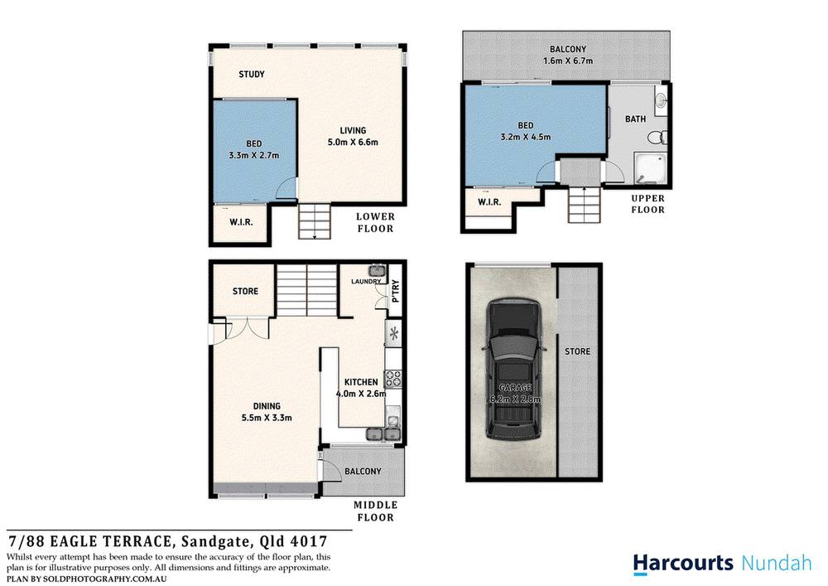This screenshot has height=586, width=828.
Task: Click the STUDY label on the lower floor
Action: coord(252,75)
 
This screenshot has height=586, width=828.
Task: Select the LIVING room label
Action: coord(353,130)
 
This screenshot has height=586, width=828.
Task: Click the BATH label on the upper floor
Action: coord(635,119)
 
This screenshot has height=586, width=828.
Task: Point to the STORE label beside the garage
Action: coord(577,351)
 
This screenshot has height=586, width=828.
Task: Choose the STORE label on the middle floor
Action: coord(245,292)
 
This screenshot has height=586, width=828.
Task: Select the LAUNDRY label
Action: coord(365,282)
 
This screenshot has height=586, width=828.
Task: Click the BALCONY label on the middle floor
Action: coord(363,472)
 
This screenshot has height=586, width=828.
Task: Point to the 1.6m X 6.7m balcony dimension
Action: coord(568,61)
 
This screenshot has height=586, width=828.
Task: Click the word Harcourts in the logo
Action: coord(683,563)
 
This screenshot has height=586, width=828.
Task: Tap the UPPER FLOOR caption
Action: coord(647,205)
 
